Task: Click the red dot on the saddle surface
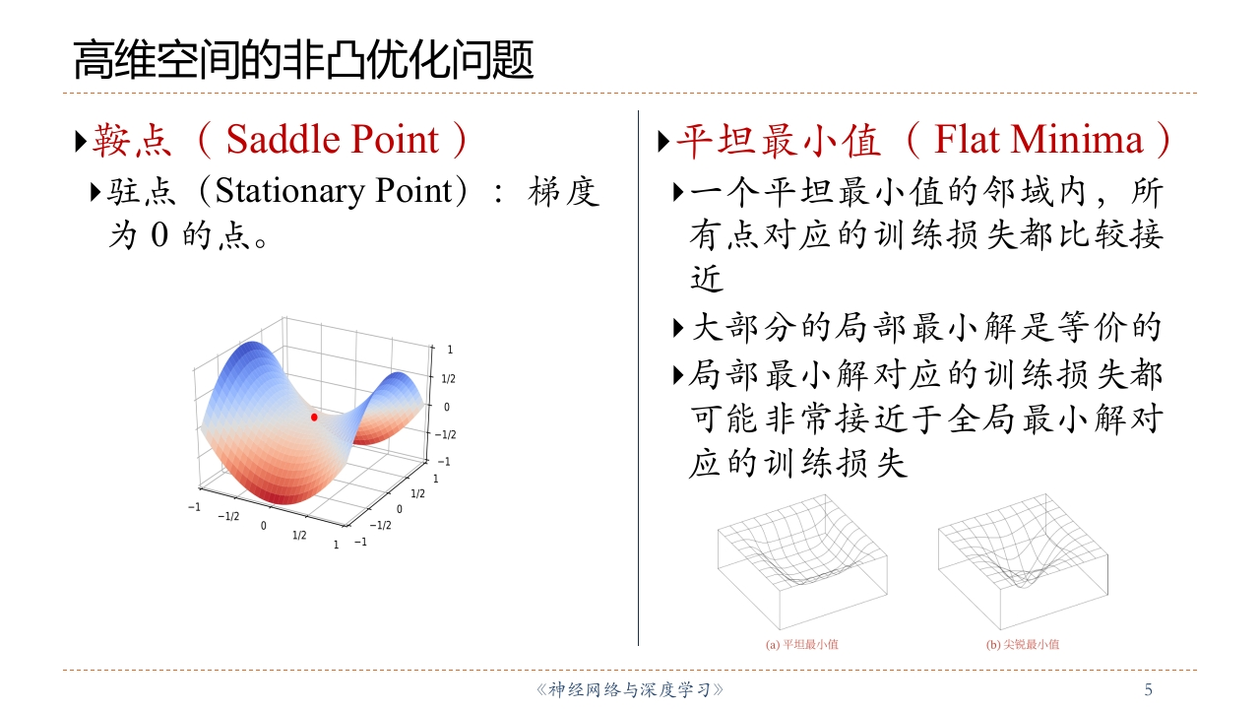point(314,417)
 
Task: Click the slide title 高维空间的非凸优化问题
point(303,60)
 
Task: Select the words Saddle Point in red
point(333,139)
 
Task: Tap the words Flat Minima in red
point(1039,139)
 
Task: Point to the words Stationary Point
point(334,191)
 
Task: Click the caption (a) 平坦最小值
point(801,644)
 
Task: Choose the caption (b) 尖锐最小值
point(1022,644)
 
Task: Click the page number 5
point(1148,689)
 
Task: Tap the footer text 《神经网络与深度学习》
point(629,689)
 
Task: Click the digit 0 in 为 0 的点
point(159,234)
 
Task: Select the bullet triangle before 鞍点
point(81,141)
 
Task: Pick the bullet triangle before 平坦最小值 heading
point(663,141)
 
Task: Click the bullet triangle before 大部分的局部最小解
point(678,328)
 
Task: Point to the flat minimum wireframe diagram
point(802,561)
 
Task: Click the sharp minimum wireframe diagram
point(1023,561)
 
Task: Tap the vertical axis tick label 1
point(450,350)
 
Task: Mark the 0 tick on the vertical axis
point(447,407)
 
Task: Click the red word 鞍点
point(132,140)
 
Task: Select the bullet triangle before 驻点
point(95,192)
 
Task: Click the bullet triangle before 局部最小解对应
point(678,375)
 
